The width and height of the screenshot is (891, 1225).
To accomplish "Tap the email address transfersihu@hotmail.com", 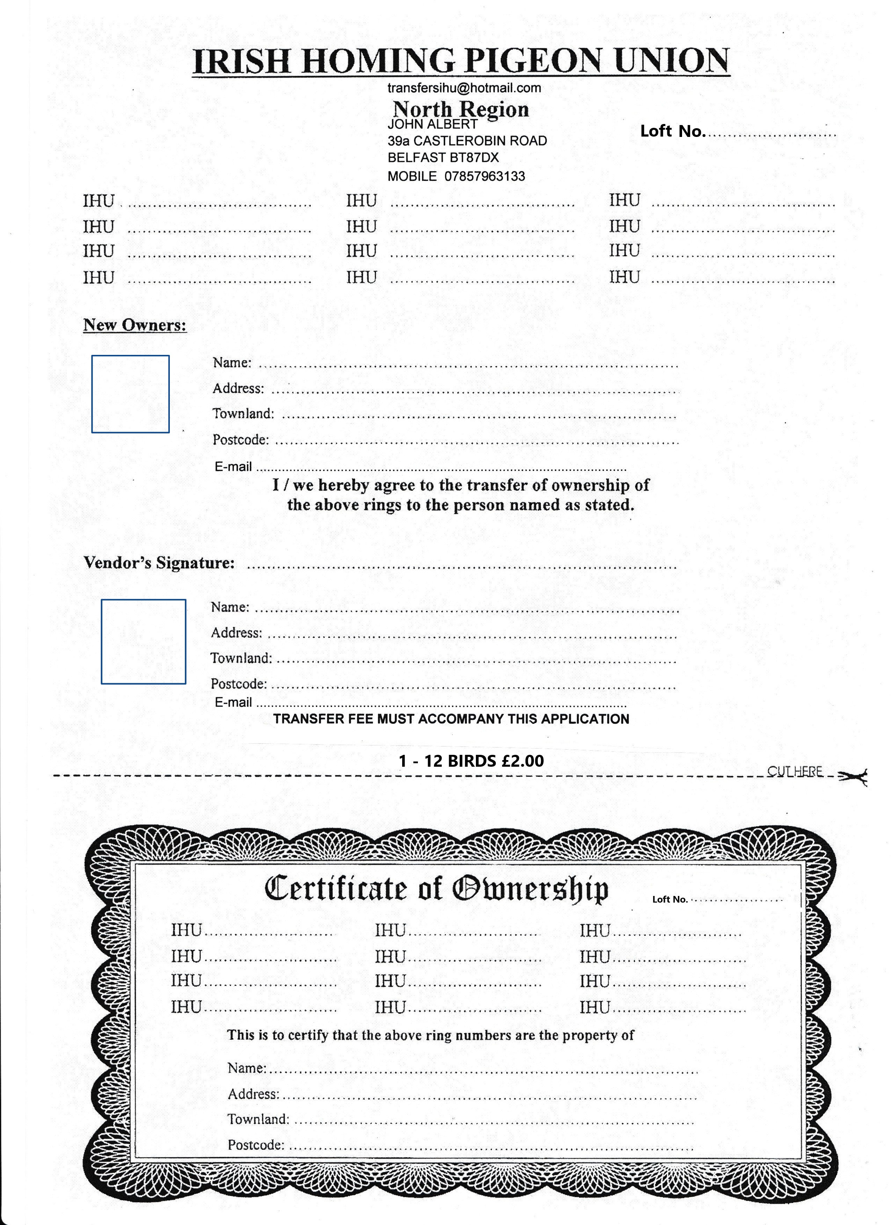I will coord(464,88).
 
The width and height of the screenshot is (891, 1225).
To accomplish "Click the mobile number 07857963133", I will coord(485,176).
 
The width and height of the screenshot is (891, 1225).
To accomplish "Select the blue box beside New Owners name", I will coord(130,394).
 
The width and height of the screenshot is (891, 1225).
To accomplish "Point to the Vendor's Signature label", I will coord(159,563).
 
